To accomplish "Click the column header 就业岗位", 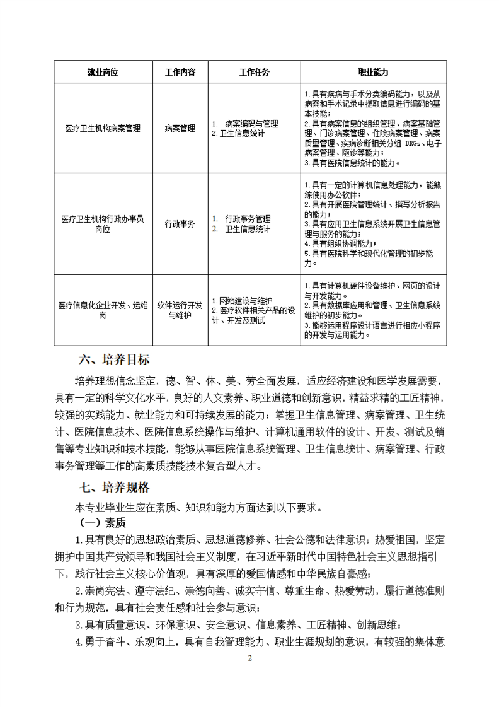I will point(102,72).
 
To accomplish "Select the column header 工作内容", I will point(180,72).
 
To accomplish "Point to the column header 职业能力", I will point(374,72).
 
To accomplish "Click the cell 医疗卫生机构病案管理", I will point(102,128).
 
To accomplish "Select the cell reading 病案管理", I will point(180,128).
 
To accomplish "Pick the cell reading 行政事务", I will point(180,224).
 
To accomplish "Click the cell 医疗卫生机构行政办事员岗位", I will point(102,224).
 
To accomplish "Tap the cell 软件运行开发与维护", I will point(180,310).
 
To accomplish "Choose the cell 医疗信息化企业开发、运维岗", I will point(102,310).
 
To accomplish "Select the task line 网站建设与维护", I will point(243,300).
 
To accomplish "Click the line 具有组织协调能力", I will point(340,243).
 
